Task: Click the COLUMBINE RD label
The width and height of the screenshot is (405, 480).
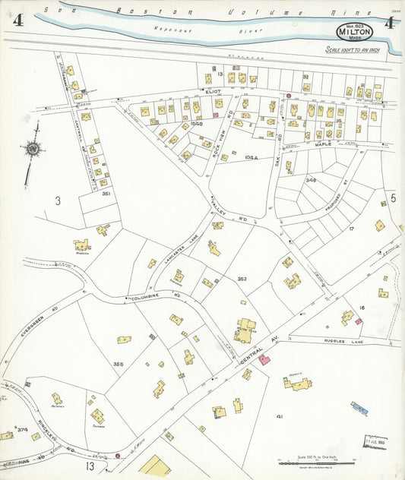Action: (156, 298)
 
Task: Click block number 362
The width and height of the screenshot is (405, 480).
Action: (242, 279)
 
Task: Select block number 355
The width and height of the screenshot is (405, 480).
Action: (118, 365)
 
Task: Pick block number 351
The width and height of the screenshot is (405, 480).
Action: (107, 194)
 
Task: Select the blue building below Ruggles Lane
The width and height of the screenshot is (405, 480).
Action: (359, 409)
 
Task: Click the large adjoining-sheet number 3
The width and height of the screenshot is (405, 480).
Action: (57, 201)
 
